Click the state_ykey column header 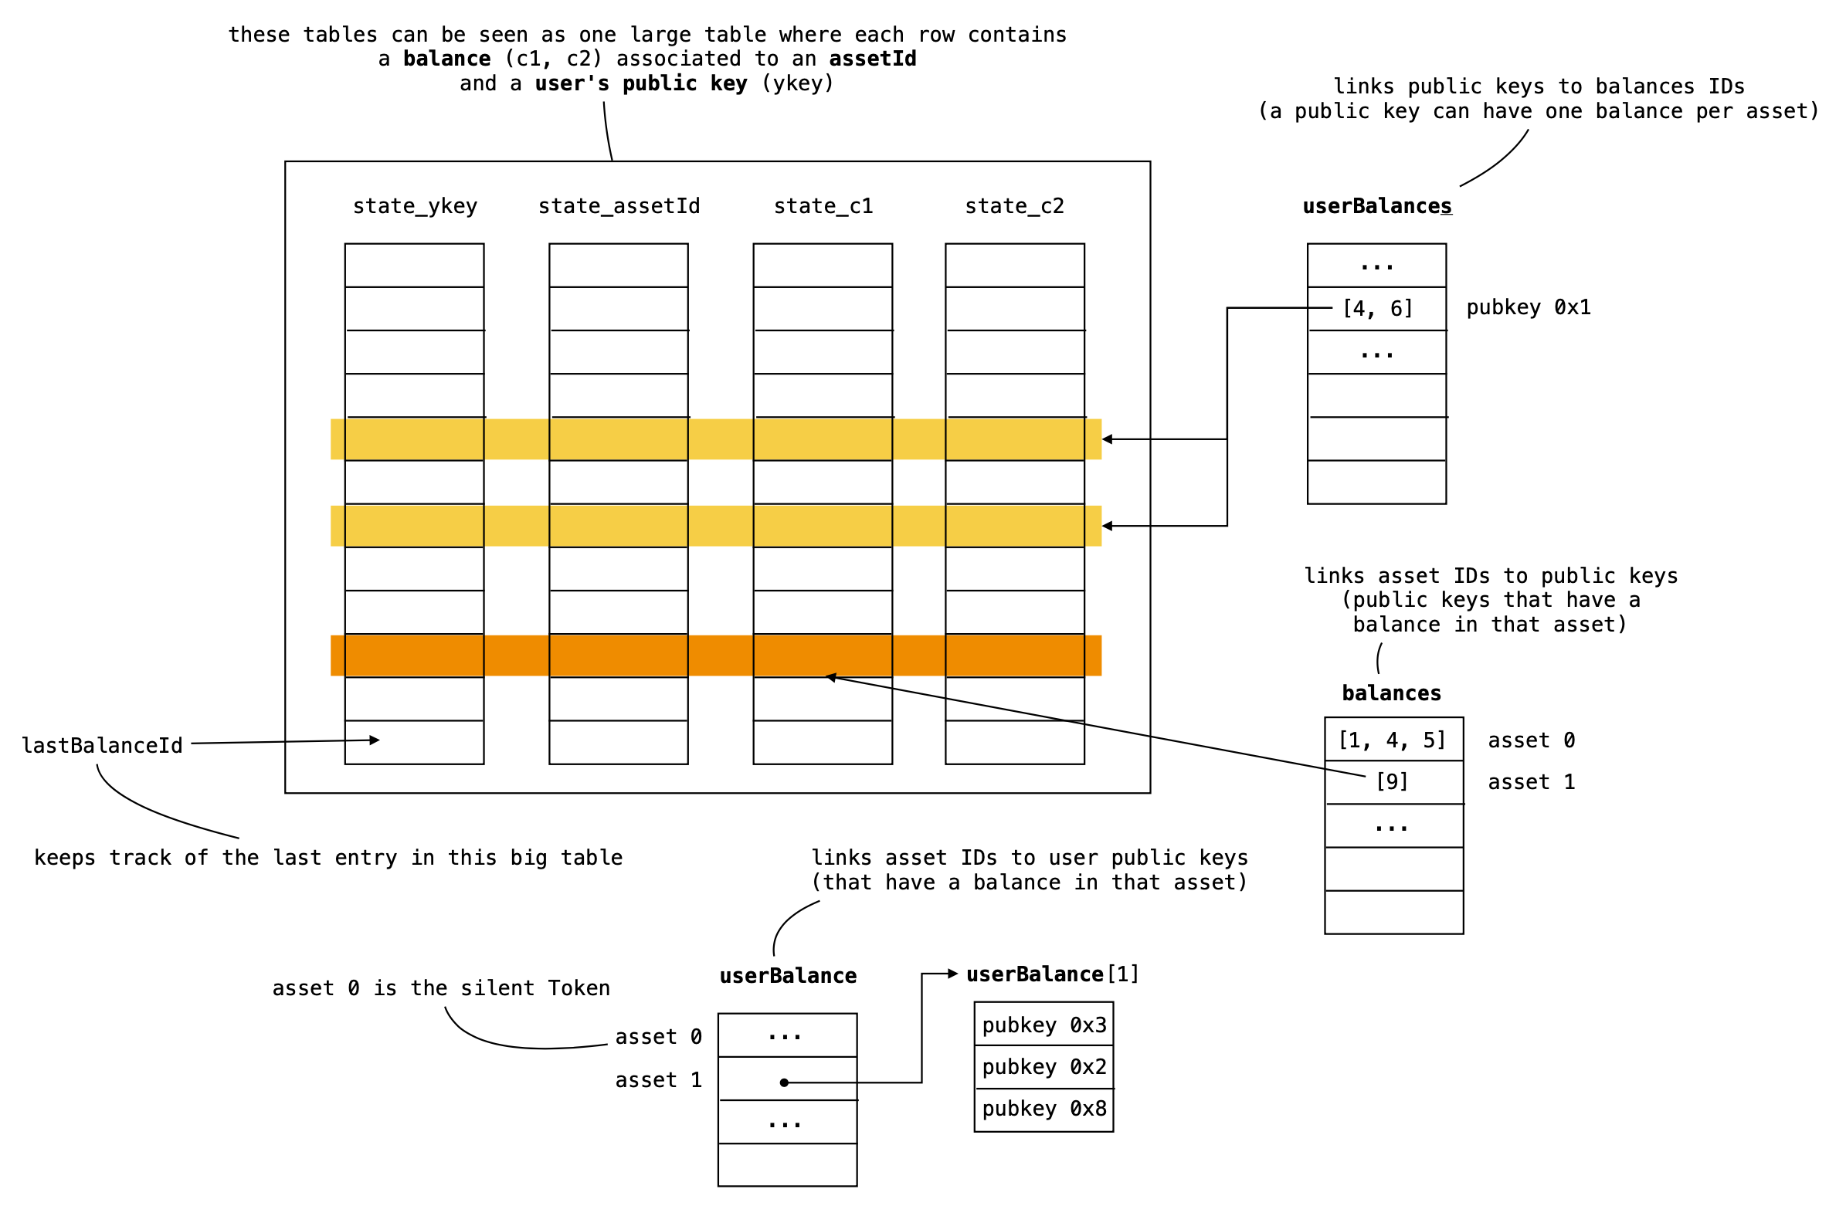[x=415, y=206]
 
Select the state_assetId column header [x=619, y=206]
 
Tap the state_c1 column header [x=823, y=206]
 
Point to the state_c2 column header [x=1014, y=206]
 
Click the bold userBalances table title [x=1376, y=206]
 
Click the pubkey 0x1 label [x=1528, y=308]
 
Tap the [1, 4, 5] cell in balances [x=1393, y=740]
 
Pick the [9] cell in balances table [x=1392, y=782]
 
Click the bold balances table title [x=1392, y=693]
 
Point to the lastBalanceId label [x=102, y=746]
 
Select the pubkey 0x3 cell [x=1044, y=1025]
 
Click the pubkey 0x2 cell [x=1044, y=1067]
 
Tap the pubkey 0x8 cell [x=1044, y=1109]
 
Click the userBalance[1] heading [x=1053, y=975]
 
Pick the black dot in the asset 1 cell [x=784, y=1082]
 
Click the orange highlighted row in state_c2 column [x=1014, y=656]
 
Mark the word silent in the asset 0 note [x=497, y=989]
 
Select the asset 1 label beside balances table [x=1531, y=783]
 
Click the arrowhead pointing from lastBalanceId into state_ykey [x=375, y=740]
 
